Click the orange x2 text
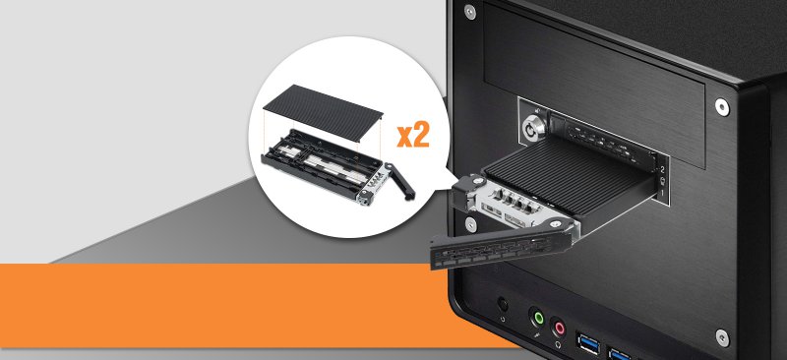413,136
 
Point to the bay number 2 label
662,170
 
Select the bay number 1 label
662,193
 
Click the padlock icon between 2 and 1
662,181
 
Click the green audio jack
538,318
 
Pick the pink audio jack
558,329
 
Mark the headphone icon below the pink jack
558,346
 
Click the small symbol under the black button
503,319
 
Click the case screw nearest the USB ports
722,337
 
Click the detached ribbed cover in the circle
324,115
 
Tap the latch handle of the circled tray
400,180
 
